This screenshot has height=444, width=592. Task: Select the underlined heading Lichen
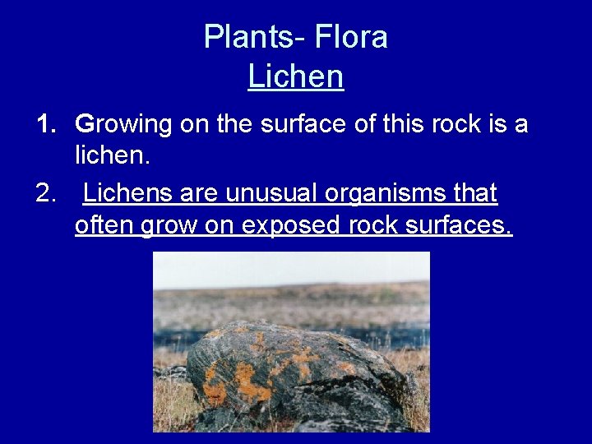(x=296, y=76)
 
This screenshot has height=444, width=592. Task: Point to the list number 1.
(x=46, y=125)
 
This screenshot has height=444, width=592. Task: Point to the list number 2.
(x=46, y=193)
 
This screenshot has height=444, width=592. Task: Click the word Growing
(x=123, y=126)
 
